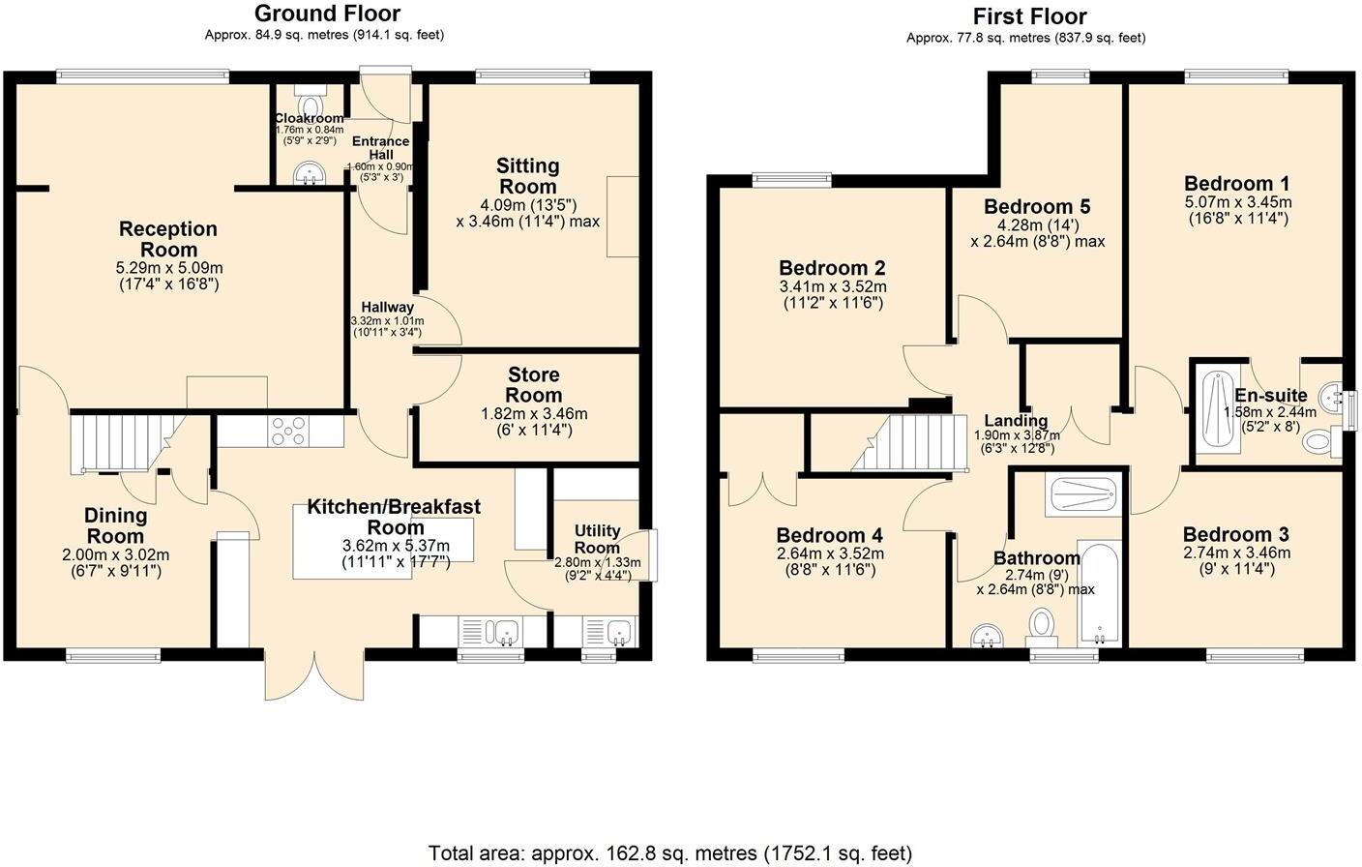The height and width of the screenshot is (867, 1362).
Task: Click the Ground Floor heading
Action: pyautogui.click(x=326, y=14)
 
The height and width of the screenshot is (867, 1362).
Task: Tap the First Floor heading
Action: pyautogui.click(x=1029, y=16)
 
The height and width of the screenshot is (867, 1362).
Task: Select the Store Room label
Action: pyautogui.click(x=534, y=384)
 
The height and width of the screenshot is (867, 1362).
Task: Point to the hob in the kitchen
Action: pyautogui.click(x=287, y=429)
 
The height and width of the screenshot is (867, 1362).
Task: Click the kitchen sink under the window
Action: pyautogui.click(x=503, y=633)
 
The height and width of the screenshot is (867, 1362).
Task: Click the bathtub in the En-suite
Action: pyautogui.click(x=1214, y=413)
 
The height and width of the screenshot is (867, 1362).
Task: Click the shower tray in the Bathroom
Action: pyautogui.click(x=1083, y=495)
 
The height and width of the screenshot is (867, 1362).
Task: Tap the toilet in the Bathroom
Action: pyautogui.click(x=1042, y=623)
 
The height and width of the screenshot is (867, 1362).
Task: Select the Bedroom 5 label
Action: pyautogui.click(x=1036, y=206)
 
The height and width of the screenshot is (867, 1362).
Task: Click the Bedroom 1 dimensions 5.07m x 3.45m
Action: pyautogui.click(x=1237, y=202)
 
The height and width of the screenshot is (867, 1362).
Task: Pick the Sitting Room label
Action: pyautogui.click(x=527, y=176)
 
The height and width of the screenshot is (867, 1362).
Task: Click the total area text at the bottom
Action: pyautogui.click(x=670, y=852)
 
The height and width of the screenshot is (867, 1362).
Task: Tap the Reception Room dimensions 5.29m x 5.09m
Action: pyautogui.click(x=169, y=268)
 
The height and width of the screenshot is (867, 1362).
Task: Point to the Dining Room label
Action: pyautogui.click(x=115, y=525)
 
